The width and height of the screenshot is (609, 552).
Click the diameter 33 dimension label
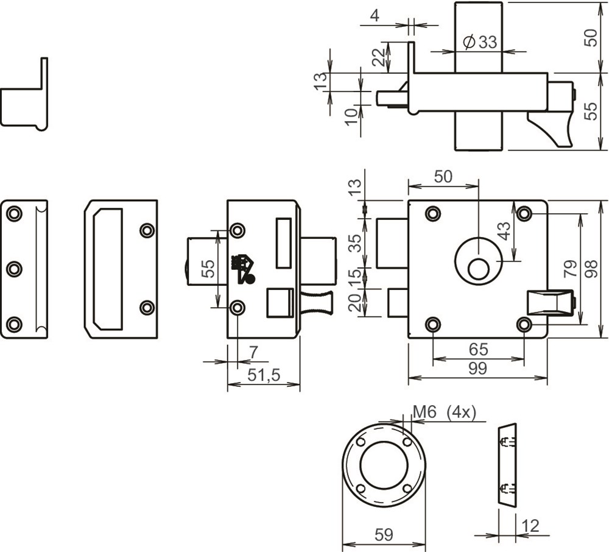(x=480, y=42)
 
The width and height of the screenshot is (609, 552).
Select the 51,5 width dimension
(x=264, y=375)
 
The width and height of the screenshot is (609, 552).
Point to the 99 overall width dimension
(x=478, y=369)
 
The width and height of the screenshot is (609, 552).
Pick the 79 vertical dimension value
(x=570, y=269)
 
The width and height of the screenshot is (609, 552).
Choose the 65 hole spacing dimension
(x=478, y=350)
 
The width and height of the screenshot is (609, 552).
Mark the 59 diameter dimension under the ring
(x=383, y=535)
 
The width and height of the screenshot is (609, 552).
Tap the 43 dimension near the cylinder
(x=504, y=231)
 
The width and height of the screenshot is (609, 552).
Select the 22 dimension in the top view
(x=378, y=57)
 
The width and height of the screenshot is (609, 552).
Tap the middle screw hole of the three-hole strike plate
(x=13, y=269)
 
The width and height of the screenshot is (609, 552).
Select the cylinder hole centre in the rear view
(x=478, y=269)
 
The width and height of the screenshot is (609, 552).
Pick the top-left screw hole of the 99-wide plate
(x=432, y=213)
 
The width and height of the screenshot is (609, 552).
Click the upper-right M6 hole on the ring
(x=407, y=442)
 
